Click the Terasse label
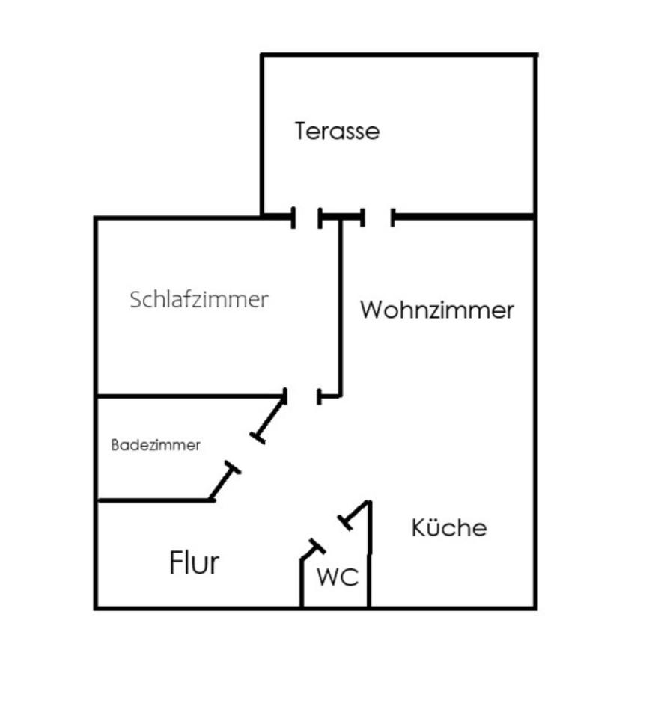[x=337, y=132]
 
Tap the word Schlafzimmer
[x=198, y=300]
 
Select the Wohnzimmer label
[x=437, y=310]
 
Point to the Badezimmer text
[x=156, y=445]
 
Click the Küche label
[x=449, y=528]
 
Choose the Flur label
[x=195, y=562]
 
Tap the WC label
[x=337, y=577]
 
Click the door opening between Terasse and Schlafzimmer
[x=307, y=218]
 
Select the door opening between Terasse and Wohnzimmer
[x=378, y=218]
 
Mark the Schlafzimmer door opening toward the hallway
[x=303, y=396]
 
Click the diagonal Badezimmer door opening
[x=245, y=453]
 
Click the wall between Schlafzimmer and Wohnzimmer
[x=340, y=307]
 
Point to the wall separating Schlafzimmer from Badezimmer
[x=187, y=394]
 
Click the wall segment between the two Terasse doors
[x=341, y=218]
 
